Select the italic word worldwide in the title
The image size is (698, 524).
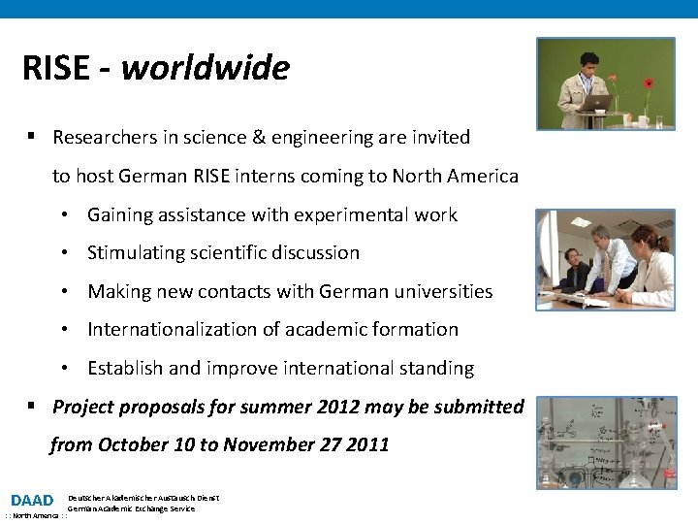point(206,68)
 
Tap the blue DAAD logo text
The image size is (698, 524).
point(32,501)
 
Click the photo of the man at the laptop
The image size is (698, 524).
point(606,83)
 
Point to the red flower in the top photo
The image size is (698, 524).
point(649,83)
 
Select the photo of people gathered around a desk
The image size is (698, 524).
point(606,259)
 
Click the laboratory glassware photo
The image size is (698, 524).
point(607,442)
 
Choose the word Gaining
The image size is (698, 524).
point(120,214)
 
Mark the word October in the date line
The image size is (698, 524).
point(136,444)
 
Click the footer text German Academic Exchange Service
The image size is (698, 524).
point(132,508)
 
